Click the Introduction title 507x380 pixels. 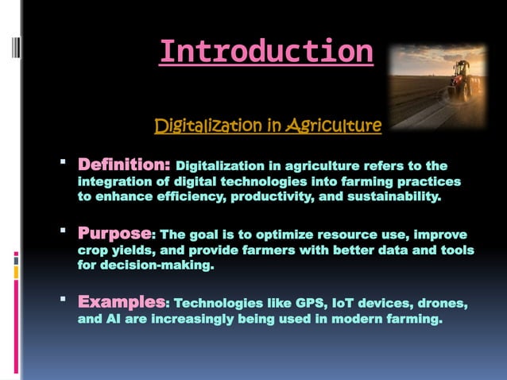pyautogui.click(x=265, y=52)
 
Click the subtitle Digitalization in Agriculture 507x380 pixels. pyautogui.click(x=268, y=126)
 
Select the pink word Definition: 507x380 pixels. pyautogui.click(x=123, y=166)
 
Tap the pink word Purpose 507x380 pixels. pyautogui.click(x=114, y=235)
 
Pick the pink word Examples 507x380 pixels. pyautogui.click(x=121, y=304)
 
